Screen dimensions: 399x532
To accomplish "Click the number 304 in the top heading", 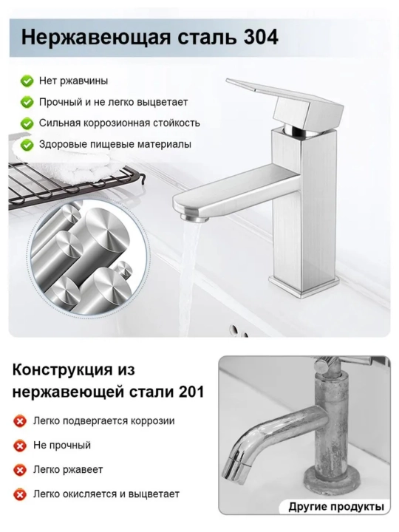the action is pyautogui.click(x=261, y=37).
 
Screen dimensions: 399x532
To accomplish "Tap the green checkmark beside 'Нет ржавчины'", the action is pyautogui.click(x=27, y=81).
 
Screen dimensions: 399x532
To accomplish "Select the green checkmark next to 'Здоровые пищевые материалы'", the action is pyautogui.click(x=27, y=145).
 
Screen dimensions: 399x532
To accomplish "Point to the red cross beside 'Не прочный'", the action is pyautogui.click(x=20, y=446).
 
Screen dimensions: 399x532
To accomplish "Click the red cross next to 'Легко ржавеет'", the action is pyautogui.click(x=20, y=470).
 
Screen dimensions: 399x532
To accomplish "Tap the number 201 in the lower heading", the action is pyautogui.click(x=191, y=392).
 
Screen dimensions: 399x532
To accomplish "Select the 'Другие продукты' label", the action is pyautogui.click(x=336, y=507).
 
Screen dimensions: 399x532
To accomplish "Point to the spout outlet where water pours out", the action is pyautogui.click(x=194, y=217).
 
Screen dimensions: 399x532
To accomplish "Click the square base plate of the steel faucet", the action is pyautogui.click(x=304, y=284).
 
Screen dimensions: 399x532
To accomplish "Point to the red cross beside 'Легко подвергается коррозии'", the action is pyautogui.click(x=20, y=421).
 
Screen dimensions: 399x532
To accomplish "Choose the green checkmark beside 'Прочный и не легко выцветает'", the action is pyautogui.click(x=27, y=103).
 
